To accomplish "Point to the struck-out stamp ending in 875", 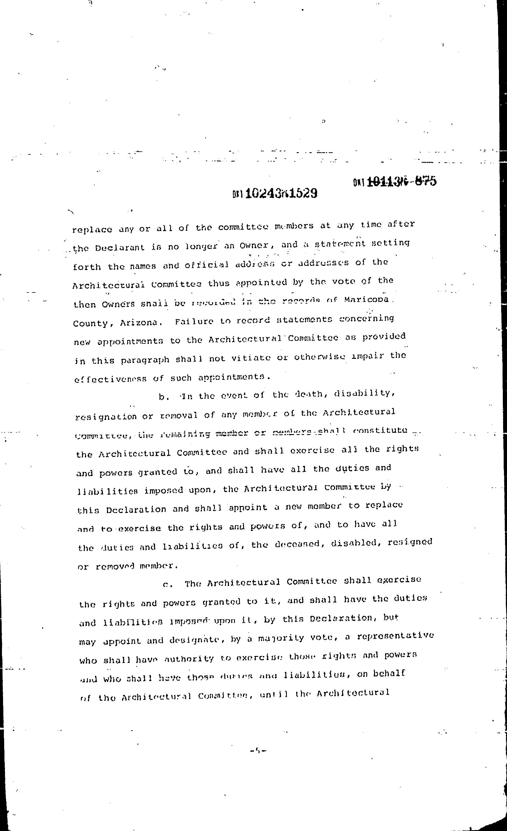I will click(x=395, y=182).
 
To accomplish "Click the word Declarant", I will click(x=120, y=247).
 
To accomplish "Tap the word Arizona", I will click(x=138, y=322).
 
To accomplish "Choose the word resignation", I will click(x=106, y=417).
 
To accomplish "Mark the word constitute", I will click(x=380, y=431).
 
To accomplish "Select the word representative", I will click(x=395, y=636).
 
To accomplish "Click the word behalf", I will click(x=389, y=674).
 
